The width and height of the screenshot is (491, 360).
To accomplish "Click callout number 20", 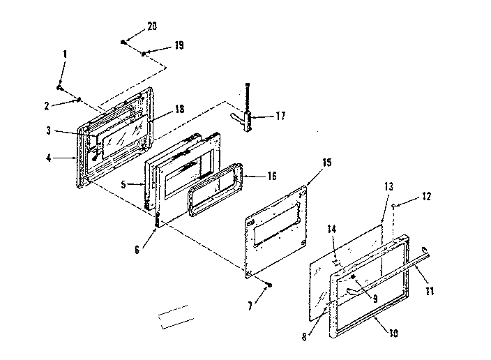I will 152,26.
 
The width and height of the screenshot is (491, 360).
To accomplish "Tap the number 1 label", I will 66,54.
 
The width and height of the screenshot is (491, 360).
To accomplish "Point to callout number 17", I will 280,116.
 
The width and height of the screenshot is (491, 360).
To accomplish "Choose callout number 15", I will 307,163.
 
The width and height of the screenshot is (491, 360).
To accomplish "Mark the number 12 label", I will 427,197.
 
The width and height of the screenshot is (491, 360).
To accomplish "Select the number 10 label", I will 395,333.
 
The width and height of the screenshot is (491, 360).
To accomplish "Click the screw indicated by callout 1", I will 61,89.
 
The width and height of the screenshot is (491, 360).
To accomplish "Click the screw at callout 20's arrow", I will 123,43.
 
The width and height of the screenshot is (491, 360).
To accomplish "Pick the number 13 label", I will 388,187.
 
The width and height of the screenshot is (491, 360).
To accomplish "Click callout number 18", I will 180,110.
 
